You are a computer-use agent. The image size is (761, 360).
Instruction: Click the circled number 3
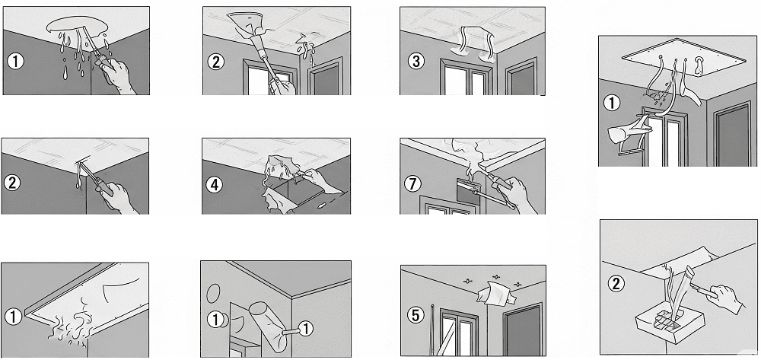point(416,61)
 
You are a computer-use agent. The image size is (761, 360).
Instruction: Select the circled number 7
point(414,183)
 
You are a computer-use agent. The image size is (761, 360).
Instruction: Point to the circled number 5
point(415,315)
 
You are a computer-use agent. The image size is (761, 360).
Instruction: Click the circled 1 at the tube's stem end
point(306,330)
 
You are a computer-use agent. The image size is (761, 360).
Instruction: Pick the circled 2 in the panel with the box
point(616,283)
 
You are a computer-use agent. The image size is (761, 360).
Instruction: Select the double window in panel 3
point(466,77)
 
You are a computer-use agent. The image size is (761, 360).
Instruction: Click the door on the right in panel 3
point(522,76)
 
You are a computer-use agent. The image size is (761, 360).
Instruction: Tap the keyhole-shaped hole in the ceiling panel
point(699,65)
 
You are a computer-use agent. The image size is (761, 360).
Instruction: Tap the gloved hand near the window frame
point(627,131)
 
